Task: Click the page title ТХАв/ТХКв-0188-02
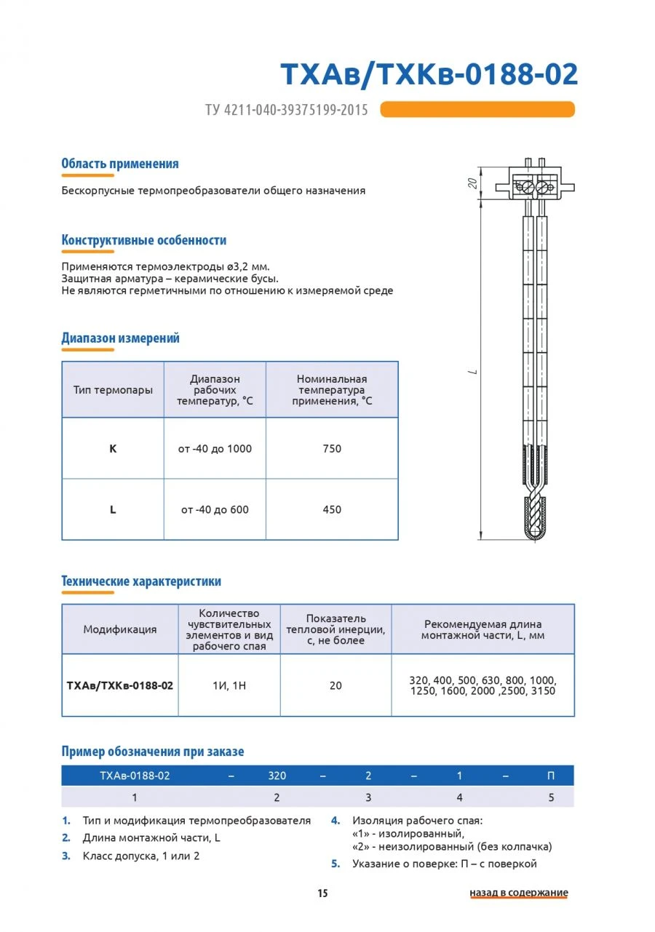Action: (x=429, y=75)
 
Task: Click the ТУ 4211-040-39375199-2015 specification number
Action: (x=286, y=110)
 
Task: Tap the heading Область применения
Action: (x=120, y=164)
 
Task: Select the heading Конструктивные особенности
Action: (x=143, y=240)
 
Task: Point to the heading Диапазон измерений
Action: (x=120, y=338)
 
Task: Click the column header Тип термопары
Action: (x=113, y=390)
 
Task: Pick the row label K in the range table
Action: (x=113, y=449)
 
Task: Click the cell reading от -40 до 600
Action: (x=215, y=510)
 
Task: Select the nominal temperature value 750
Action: (x=332, y=449)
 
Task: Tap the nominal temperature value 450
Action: (x=332, y=510)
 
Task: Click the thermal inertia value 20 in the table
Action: (x=336, y=685)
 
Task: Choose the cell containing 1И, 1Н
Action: (x=229, y=685)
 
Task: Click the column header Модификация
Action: (x=119, y=629)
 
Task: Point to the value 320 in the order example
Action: (x=277, y=776)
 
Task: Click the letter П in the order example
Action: (x=551, y=776)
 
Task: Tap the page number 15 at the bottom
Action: (x=322, y=893)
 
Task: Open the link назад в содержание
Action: (x=518, y=893)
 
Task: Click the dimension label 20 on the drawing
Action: (x=472, y=183)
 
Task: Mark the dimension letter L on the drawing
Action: (x=473, y=372)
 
